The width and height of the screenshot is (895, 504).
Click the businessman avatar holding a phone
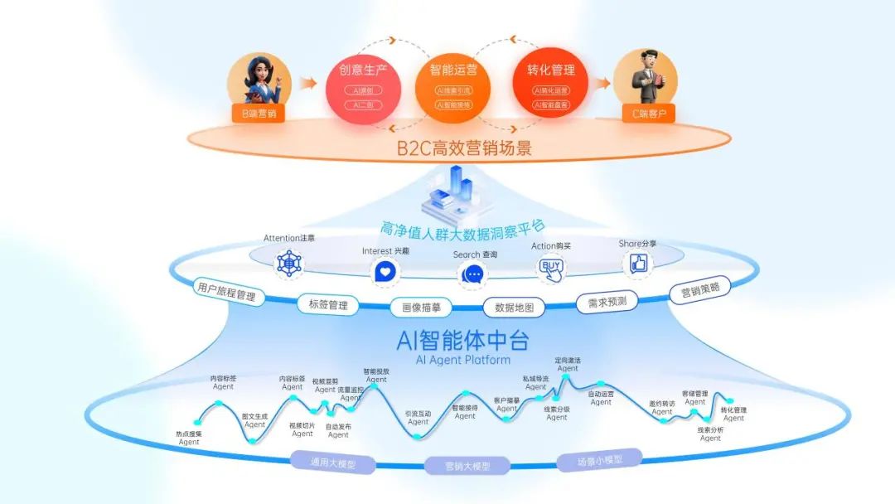645,79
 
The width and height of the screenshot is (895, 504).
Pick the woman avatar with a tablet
258,81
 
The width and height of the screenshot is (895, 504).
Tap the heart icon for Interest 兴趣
384,272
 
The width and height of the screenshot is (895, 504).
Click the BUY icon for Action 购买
550,267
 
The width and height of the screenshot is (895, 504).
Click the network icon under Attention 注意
289,264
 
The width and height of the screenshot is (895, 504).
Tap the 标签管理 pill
328,305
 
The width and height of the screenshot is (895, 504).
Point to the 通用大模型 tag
332,463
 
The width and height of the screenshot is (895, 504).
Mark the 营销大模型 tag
468,466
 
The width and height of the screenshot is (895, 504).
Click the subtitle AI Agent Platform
462,361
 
